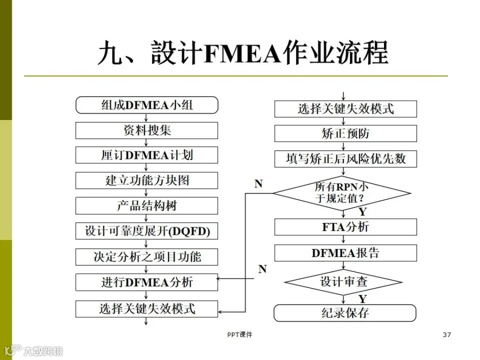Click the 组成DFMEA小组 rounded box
[x=147, y=105]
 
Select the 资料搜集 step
[x=147, y=131]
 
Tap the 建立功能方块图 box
[x=147, y=180]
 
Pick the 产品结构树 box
[x=147, y=206]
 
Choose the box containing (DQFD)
[x=147, y=231]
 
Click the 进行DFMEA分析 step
[x=147, y=282]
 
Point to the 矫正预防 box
[x=346, y=133]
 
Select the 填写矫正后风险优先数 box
[x=346, y=159]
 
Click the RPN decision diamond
[x=342, y=193]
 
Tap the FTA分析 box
[x=346, y=227]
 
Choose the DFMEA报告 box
[x=346, y=253]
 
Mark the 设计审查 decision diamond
[x=343, y=282]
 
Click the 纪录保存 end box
[x=345, y=313]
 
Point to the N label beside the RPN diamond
[x=259, y=183]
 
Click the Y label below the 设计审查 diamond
[x=363, y=299]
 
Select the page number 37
[x=447, y=334]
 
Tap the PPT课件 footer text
[x=239, y=334]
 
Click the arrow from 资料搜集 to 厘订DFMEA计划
[x=146, y=142]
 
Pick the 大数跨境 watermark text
[x=43, y=351]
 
